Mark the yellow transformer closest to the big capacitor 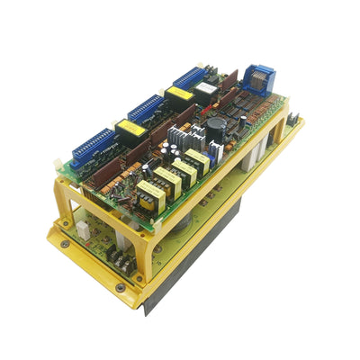pos(197,163)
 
